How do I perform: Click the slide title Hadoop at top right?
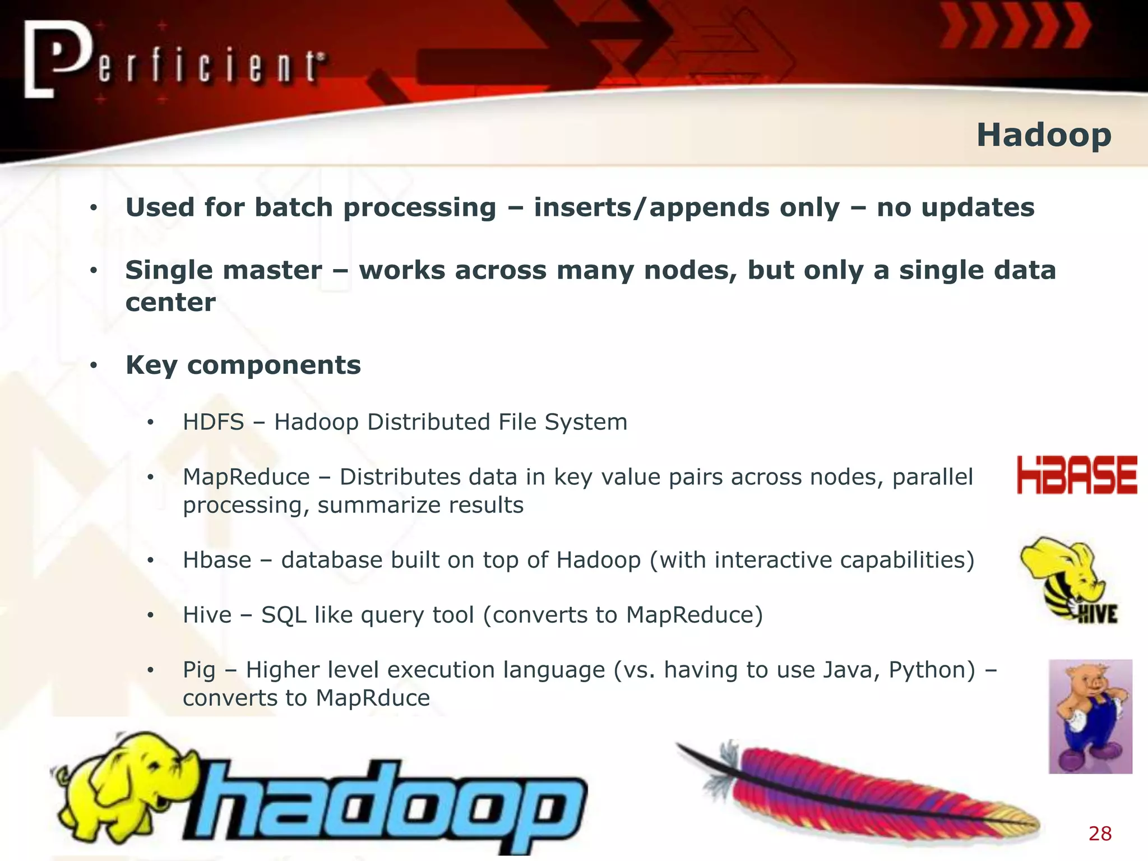click(x=1044, y=135)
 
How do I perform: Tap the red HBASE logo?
click(x=1077, y=475)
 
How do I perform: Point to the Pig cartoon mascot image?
click(x=1090, y=716)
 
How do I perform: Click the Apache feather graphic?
click(x=858, y=790)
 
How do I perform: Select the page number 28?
click(x=1100, y=834)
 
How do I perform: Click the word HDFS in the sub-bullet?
click(x=214, y=422)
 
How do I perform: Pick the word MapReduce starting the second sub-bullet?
click(x=246, y=477)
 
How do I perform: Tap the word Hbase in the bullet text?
click(x=217, y=560)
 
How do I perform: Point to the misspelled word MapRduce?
click(x=373, y=698)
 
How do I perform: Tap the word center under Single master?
click(x=170, y=303)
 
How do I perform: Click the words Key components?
click(x=243, y=365)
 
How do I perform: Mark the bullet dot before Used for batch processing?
click(x=94, y=209)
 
